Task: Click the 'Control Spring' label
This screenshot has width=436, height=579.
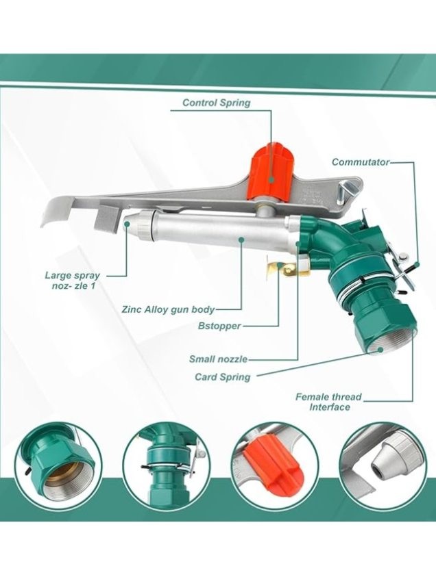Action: [x=217, y=103]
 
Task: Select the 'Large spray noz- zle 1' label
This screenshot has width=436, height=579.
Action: [x=73, y=281]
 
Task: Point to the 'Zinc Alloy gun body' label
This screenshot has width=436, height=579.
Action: [x=168, y=309]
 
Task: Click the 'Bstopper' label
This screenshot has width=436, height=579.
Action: [x=219, y=326]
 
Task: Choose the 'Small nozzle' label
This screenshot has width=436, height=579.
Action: [x=218, y=359]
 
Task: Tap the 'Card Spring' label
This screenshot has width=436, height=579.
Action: [x=223, y=377]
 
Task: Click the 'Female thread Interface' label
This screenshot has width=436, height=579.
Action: [x=328, y=402]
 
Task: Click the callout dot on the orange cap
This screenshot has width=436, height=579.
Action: [x=271, y=180]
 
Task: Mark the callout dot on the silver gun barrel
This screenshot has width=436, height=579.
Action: [x=241, y=240]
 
